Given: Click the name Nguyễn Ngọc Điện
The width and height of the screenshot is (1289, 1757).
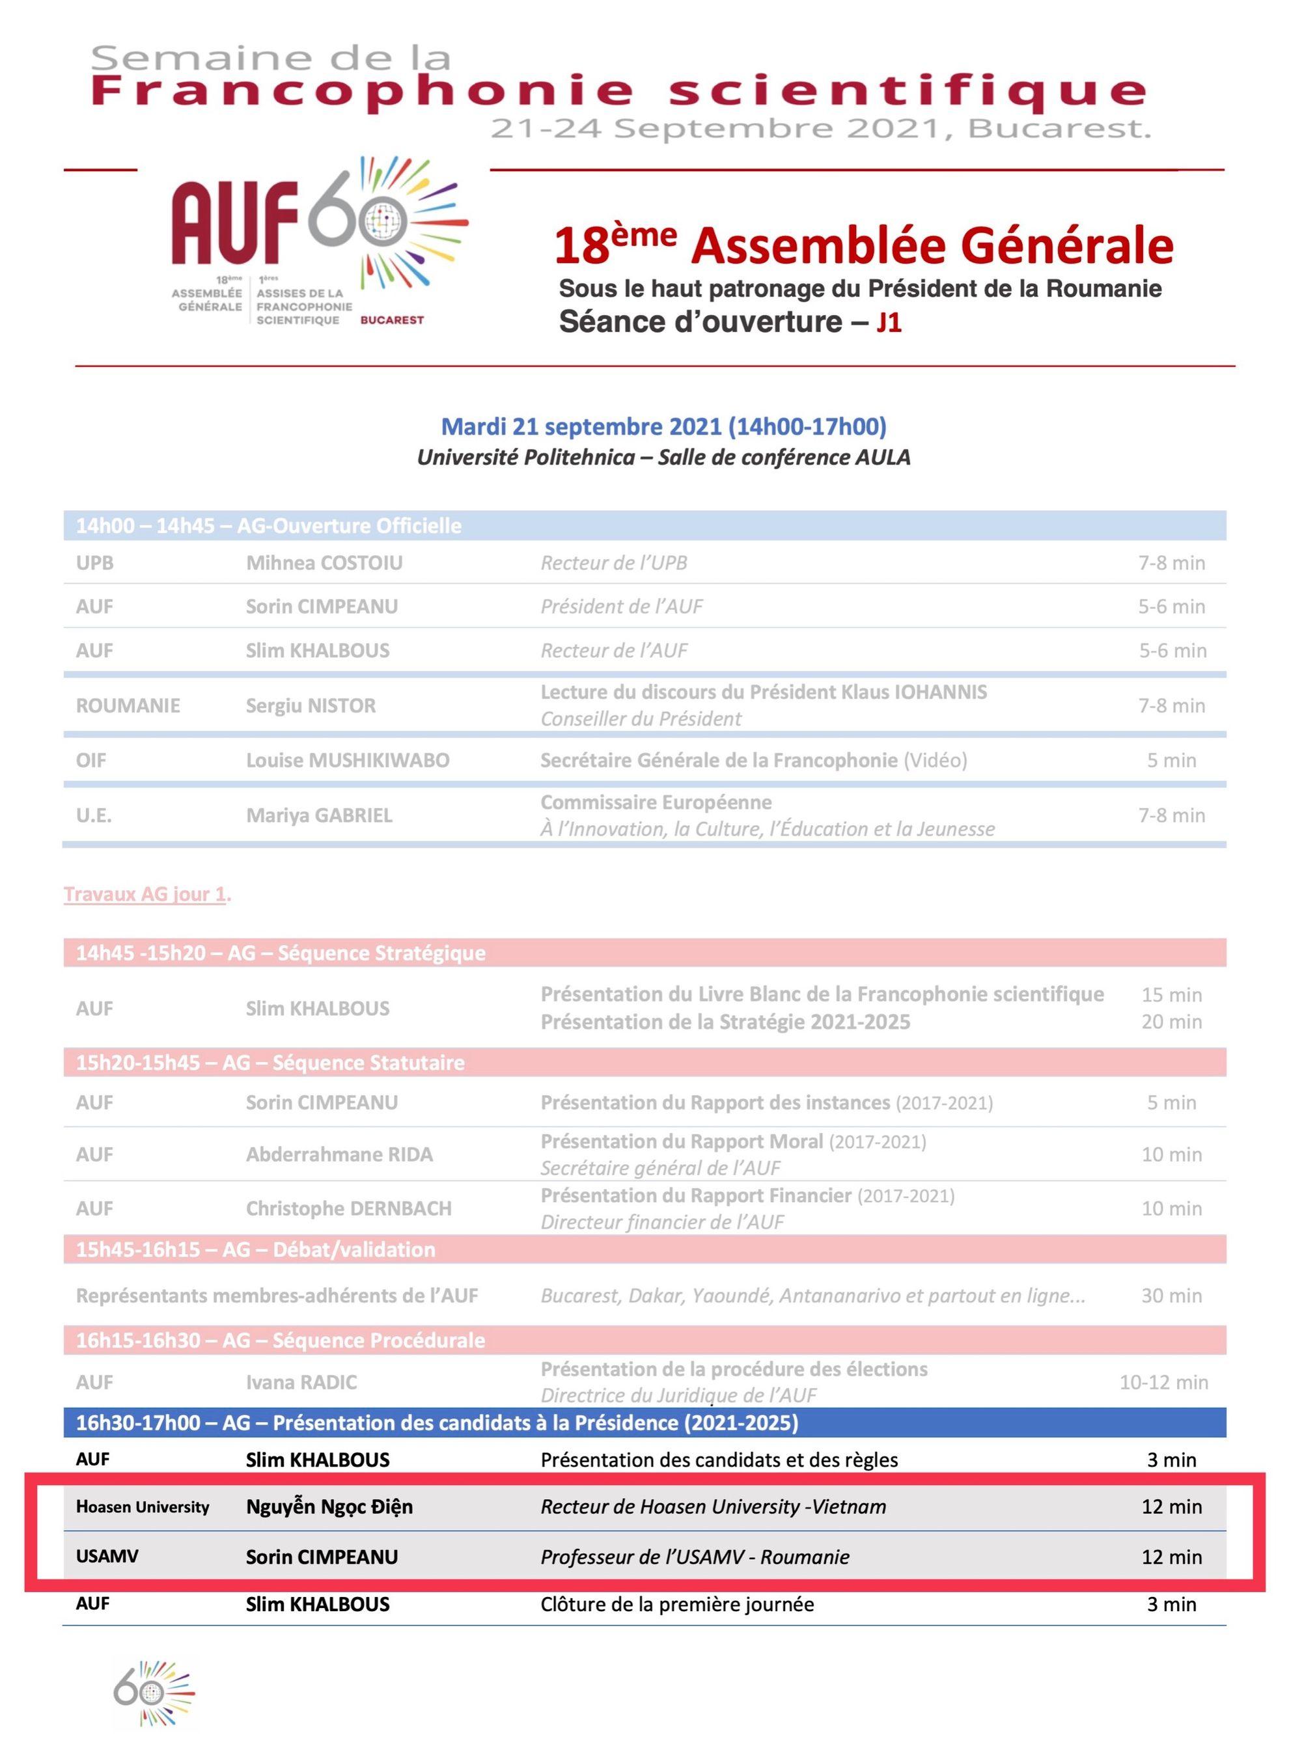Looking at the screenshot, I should click(329, 1506).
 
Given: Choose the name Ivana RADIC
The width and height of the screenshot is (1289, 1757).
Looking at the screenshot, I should click(301, 1382).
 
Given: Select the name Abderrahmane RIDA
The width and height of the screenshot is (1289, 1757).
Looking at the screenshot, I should click(339, 1154).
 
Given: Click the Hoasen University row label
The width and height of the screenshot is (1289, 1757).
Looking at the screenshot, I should click(143, 1506).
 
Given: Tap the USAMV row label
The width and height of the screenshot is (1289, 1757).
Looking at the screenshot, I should click(107, 1557).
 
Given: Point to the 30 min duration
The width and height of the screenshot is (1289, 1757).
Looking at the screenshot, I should click(1171, 1296).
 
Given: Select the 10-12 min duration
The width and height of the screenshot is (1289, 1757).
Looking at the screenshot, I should click(1163, 1382).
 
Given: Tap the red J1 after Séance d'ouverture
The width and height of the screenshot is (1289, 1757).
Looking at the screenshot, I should click(889, 322).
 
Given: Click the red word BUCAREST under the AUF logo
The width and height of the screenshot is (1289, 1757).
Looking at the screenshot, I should click(392, 320).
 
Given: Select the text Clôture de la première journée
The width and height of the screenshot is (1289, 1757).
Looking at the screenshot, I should click(676, 1604).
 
